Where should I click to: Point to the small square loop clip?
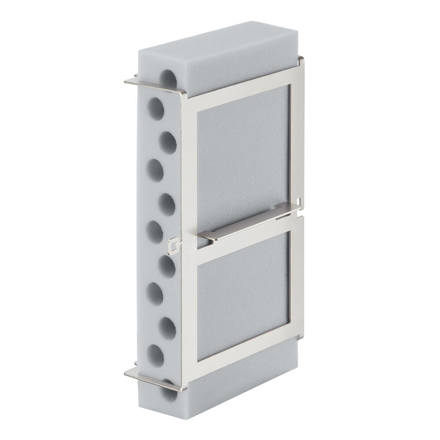174,245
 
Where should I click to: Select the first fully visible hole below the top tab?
154,107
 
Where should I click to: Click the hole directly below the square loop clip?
167,267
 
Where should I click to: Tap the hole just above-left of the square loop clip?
154,231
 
